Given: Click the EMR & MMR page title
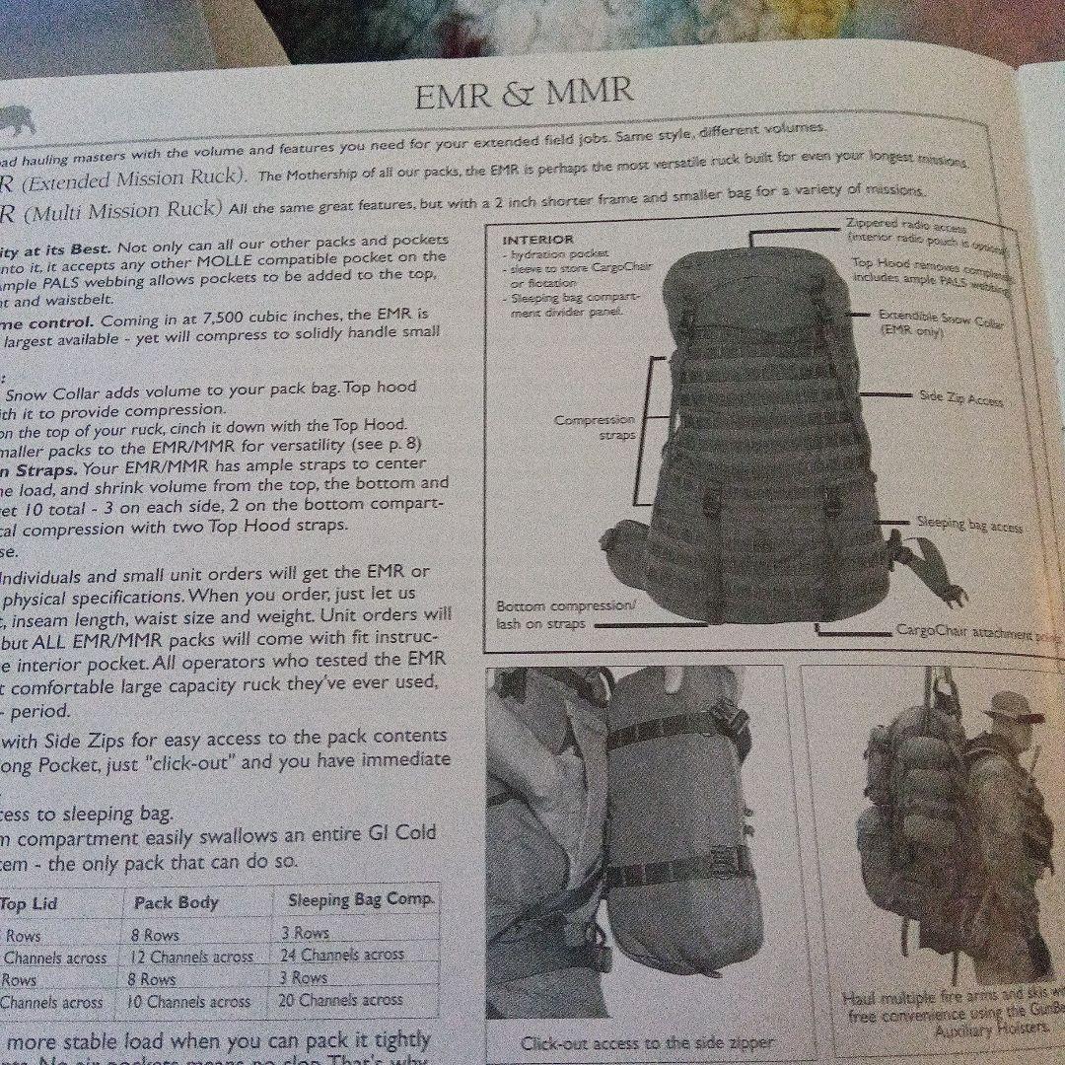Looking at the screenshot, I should (524, 95).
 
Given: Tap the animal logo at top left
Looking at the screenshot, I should (18, 120).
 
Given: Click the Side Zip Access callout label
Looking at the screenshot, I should (961, 399).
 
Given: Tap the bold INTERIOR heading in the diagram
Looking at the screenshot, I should (537, 240).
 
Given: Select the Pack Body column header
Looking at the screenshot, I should (176, 902).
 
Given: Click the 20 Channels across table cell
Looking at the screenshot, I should (352, 999).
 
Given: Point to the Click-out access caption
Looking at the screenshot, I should (647, 1042).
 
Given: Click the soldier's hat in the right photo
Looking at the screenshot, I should (1011, 706).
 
